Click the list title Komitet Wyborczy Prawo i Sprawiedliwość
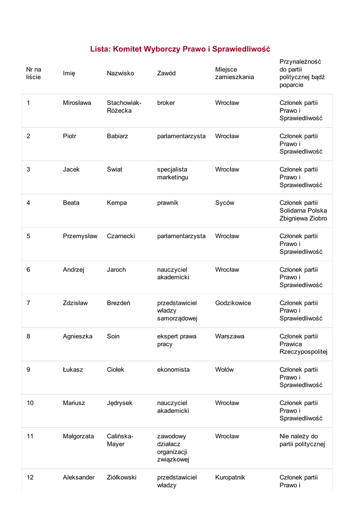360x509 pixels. [180, 49]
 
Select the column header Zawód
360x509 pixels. [166, 73]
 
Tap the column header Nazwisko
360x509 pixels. [120, 73]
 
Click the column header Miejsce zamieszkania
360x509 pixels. [234, 73]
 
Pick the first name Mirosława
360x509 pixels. [77, 103]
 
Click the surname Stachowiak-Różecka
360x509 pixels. [124, 107]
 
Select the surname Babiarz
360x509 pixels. [117, 136]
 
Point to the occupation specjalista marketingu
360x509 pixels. [173, 173]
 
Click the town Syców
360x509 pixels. [225, 203]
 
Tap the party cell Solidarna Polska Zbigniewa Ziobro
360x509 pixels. [303, 211]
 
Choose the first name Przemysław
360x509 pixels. [80, 236]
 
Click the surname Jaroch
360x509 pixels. [116, 270]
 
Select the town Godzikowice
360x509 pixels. [233, 303]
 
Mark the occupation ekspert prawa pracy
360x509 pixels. [177, 340]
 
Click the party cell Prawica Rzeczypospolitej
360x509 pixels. [303, 344]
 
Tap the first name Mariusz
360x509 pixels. [74, 403]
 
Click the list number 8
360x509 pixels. [28, 337]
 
